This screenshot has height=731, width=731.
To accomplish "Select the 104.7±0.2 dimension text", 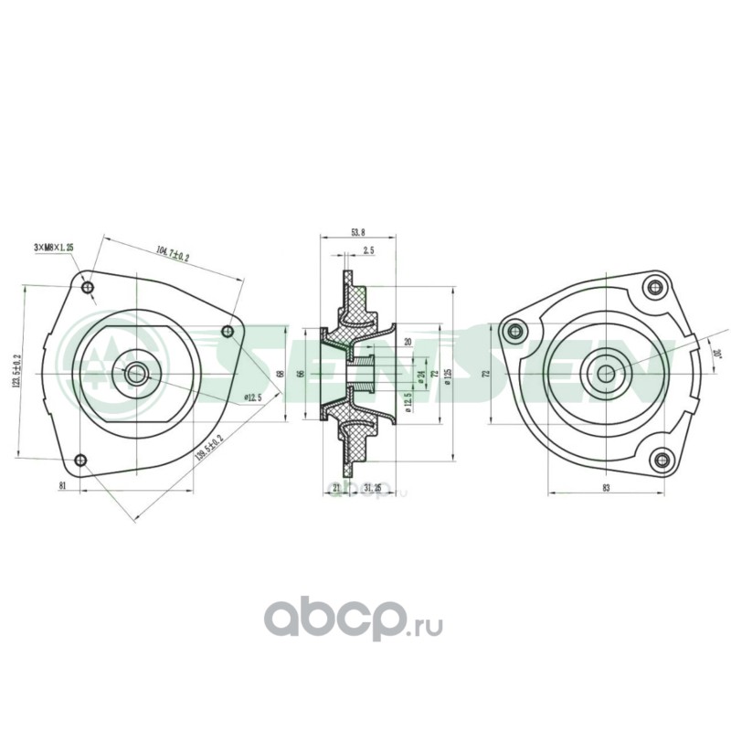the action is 173,253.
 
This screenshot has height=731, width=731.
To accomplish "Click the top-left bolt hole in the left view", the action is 88,289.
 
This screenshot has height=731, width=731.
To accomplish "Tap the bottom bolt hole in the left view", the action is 80,460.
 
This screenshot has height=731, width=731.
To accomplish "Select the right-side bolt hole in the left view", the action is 228,333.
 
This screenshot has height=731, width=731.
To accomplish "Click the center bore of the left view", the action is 136,372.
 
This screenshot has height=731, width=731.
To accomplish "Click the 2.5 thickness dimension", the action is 368,250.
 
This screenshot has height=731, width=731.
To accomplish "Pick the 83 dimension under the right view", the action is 606,487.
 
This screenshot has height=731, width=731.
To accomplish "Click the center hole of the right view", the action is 606,371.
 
